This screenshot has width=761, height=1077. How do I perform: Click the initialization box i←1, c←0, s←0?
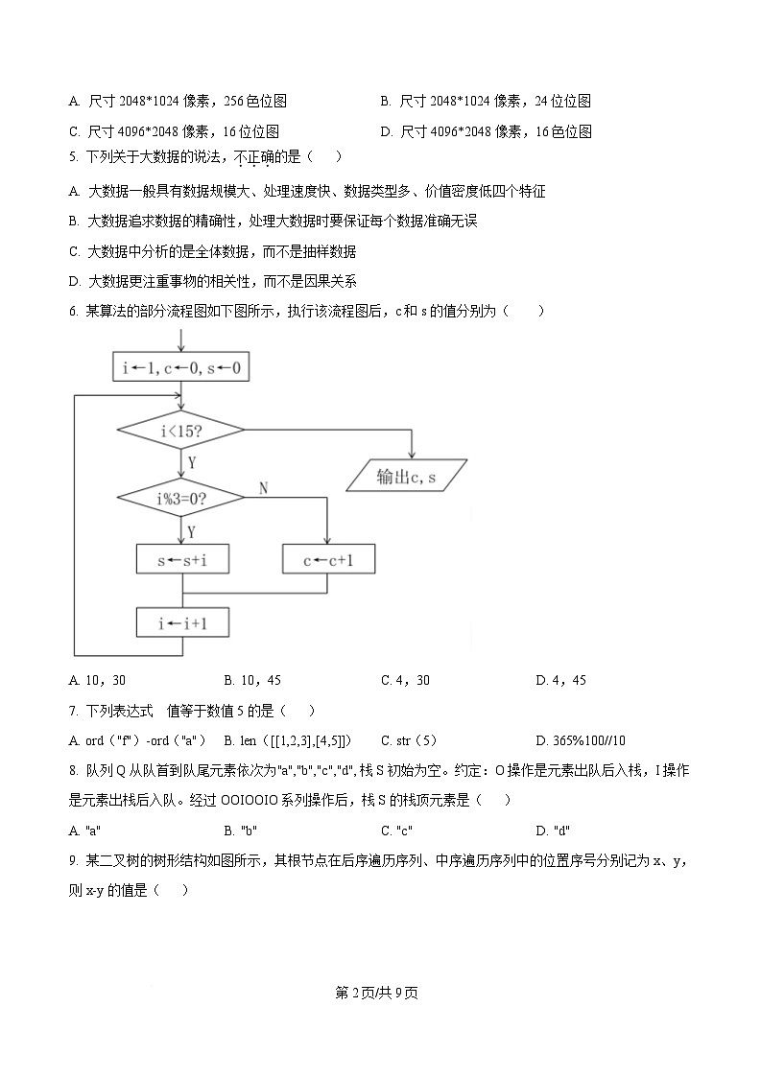pos(181,368)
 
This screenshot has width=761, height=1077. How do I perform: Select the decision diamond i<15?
pos(181,431)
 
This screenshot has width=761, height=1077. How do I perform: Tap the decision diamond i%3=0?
pos(181,498)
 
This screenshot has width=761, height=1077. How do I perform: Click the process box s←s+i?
pos(182,560)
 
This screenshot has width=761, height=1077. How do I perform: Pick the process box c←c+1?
pos(328,560)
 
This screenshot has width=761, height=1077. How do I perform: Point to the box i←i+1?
pos(182,623)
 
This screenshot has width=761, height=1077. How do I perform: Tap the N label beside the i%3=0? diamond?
pos(263,488)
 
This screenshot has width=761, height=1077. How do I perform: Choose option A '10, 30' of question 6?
pos(98,680)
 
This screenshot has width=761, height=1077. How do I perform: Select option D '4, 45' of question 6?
pos(560,680)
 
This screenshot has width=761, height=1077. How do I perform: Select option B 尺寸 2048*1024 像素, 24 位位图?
pos(485,101)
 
